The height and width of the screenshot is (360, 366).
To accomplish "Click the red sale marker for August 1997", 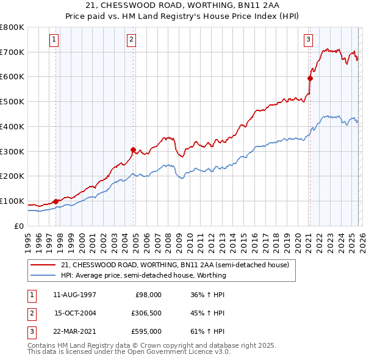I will pyautogui.click(x=56, y=201).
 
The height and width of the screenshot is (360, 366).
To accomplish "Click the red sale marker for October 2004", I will pyautogui.click(x=134, y=149).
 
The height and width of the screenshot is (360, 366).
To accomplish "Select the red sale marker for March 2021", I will pyautogui.click(x=310, y=77).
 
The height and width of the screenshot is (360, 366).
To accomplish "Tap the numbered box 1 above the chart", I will pyautogui.click(x=54, y=40).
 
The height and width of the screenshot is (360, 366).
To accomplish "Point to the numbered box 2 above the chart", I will pyautogui.click(x=131, y=40).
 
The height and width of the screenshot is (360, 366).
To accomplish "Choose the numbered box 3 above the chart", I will pyautogui.click(x=308, y=40).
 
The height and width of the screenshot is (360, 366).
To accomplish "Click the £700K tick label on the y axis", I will pyautogui.click(x=12, y=52).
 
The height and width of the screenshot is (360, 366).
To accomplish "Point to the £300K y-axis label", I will pyautogui.click(x=12, y=151).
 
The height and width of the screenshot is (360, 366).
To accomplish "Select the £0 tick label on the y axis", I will pyautogui.click(x=20, y=226).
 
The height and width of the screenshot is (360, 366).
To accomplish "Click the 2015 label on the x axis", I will pyautogui.click(x=243, y=239).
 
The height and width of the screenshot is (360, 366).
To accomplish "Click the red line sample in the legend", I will pyautogui.click(x=43, y=265).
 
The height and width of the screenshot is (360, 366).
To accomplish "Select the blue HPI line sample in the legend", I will pyautogui.click(x=43, y=275).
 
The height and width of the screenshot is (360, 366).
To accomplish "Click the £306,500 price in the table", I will pyautogui.click(x=146, y=313).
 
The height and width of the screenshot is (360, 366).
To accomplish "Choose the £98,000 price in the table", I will pyautogui.click(x=148, y=295).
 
